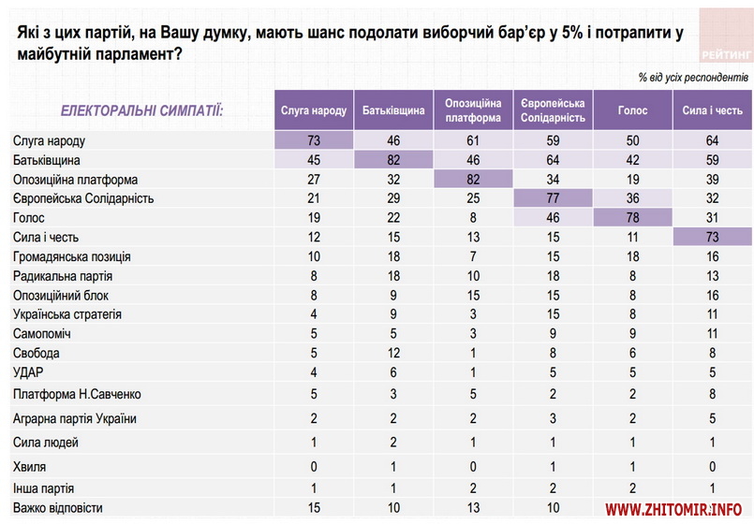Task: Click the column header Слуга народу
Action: tap(314, 110)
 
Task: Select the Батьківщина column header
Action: tap(393, 110)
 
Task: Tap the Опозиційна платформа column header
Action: tap(473, 110)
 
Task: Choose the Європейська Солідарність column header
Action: tap(553, 110)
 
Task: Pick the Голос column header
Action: tap(633, 110)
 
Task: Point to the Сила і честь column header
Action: tap(713, 110)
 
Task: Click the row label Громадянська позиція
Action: tap(71, 256)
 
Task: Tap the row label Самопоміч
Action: tap(42, 333)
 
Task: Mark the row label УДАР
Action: tap(29, 372)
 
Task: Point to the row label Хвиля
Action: tap(30, 465)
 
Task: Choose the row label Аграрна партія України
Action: tap(75, 417)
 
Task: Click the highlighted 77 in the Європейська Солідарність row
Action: tap(553, 198)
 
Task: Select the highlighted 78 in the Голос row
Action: tap(633, 217)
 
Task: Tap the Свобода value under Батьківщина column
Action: tap(393, 353)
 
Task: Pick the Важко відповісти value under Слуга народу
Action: tap(314, 508)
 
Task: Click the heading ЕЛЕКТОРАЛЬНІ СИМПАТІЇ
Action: tap(142, 110)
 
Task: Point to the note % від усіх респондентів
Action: tap(693, 76)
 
